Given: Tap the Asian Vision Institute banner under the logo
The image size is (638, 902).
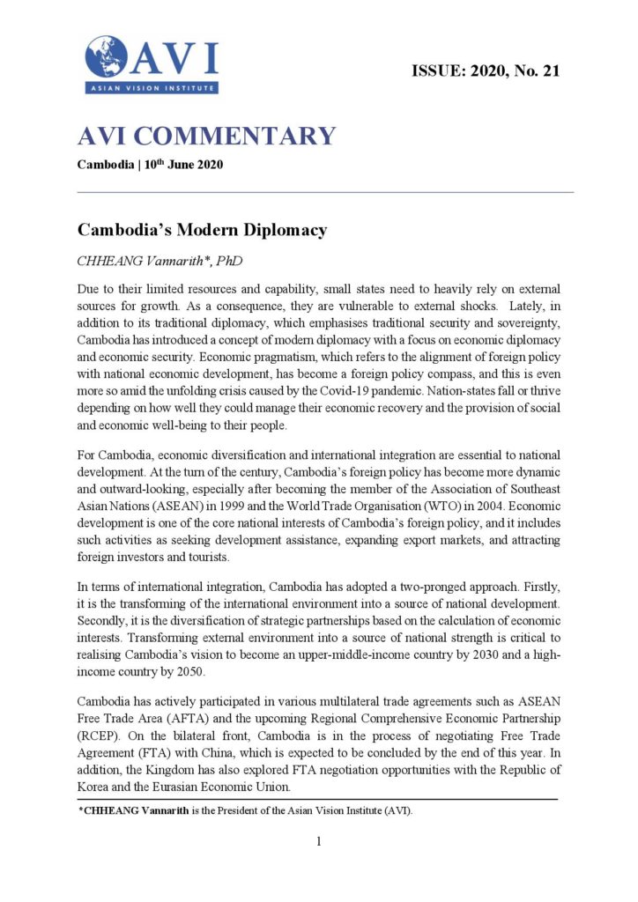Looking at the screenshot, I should coord(152,87).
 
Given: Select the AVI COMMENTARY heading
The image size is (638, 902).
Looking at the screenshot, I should coord(207,137).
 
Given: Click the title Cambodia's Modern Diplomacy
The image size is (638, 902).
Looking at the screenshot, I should coord(202,231).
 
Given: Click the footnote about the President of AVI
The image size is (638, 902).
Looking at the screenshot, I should coord(247,811).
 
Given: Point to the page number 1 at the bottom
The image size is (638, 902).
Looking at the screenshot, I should coord(319,841).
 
